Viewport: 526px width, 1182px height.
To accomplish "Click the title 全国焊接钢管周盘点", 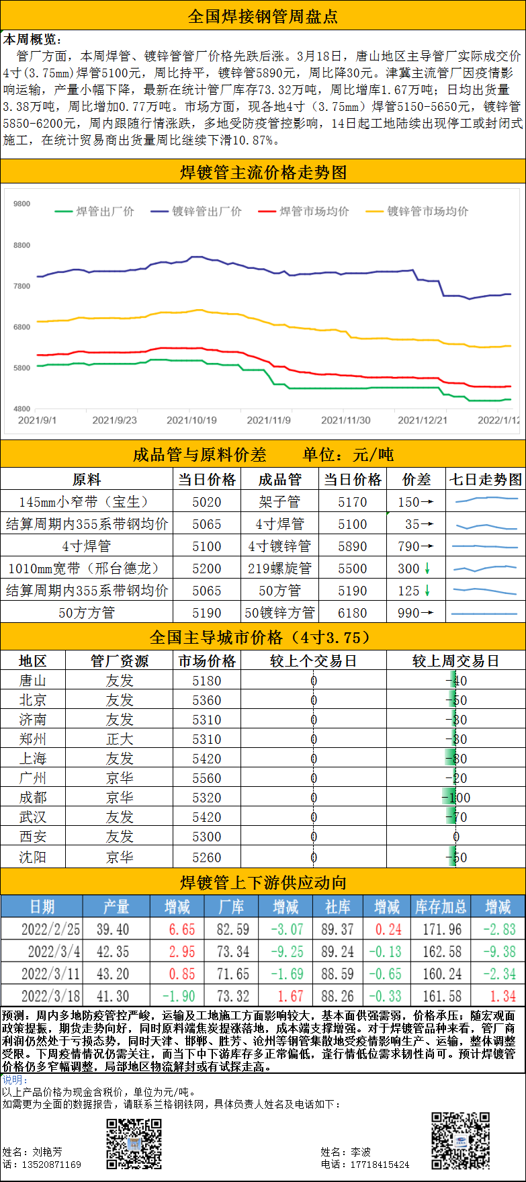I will point(263,15).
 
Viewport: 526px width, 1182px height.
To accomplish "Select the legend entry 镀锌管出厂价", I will point(206,212).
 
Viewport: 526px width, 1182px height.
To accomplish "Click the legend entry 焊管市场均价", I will point(314,212).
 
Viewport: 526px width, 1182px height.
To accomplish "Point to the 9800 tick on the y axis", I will point(21,204).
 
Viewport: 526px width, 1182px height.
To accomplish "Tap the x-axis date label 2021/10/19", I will point(191,420).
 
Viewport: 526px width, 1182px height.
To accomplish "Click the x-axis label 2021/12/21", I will point(423,420).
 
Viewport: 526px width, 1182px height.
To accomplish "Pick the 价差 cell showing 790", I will point(416,546).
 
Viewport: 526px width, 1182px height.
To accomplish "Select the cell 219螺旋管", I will point(279,568).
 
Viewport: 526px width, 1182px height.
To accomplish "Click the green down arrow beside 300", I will point(427,568).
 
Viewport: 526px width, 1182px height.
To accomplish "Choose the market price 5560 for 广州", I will point(206,778).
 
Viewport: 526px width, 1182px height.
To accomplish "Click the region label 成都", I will point(33,798).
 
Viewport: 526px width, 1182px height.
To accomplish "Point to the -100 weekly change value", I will point(457,798).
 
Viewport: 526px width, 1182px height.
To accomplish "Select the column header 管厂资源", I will point(120,661).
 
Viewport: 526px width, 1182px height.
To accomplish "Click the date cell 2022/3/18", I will point(50,995).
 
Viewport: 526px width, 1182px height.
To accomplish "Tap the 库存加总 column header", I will point(441,906).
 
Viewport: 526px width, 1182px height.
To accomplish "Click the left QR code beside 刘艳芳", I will point(134,1143).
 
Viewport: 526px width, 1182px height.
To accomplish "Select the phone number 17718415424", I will point(380,1165).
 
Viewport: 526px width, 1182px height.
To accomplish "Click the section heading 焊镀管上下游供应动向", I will point(263,882).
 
